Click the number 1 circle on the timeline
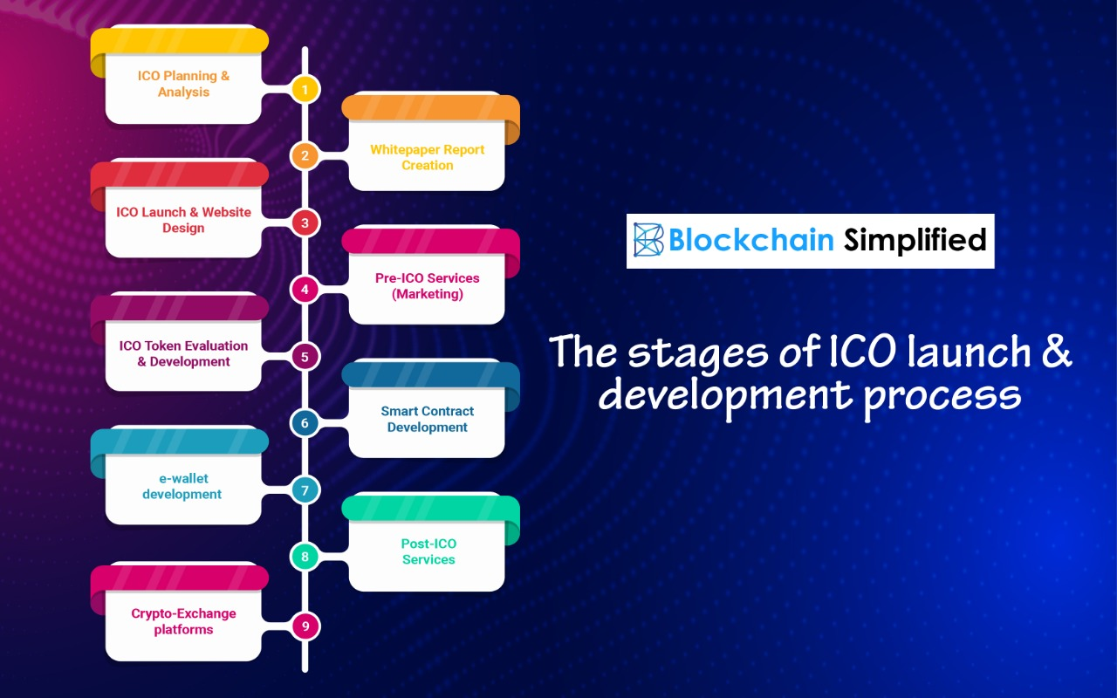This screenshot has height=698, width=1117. coord(305,89)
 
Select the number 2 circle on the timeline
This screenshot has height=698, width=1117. coord(305,156)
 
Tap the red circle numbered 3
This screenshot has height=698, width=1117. coord(305,222)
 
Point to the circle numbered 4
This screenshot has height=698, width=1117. coord(305,289)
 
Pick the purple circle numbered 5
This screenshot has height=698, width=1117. coord(305,356)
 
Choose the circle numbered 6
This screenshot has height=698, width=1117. coord(305,423)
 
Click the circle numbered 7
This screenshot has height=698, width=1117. coord(305,490)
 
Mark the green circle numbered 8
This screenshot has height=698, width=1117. coord(305,557)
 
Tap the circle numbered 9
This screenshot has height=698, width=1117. coord(305,625)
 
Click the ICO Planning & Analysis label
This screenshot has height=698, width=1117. coord(183,84)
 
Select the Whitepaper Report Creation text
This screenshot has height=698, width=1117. coord(427,157)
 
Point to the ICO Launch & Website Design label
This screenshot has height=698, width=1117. coord(183,220)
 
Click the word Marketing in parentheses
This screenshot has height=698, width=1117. coord(427,294)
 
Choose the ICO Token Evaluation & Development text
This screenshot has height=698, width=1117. coord(183,353)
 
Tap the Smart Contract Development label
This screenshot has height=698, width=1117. coord(427,419)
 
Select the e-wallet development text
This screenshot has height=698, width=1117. coord(182,486)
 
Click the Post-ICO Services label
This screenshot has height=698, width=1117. coord(428,551)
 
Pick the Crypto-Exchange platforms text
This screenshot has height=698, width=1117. coord(183,621)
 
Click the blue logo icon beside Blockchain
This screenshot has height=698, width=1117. coord(648,240)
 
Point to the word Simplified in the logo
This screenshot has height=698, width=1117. coord(915,240)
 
